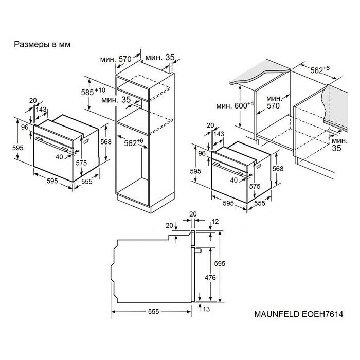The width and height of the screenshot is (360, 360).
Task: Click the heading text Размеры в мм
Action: tap(42, 44)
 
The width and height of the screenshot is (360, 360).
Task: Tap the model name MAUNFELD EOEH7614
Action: tap(299, 314)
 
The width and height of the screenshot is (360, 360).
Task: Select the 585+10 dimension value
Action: tap(93, 92)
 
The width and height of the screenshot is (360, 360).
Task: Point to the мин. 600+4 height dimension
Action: tap(235, 105)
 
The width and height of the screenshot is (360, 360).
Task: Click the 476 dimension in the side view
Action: tap(210, 278)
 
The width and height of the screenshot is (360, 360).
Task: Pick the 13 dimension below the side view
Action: tap(206, 309)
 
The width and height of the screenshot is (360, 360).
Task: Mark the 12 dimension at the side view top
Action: tap(215, 222)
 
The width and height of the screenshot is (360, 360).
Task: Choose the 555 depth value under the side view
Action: tap(153, 311)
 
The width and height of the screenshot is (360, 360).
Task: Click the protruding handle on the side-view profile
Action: tap(197, 250)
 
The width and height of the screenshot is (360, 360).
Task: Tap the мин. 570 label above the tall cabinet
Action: tap(116, 59)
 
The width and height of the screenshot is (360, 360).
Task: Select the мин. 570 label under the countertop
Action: tap(274, 102)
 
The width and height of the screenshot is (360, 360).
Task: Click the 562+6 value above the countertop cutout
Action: tap(320, 70)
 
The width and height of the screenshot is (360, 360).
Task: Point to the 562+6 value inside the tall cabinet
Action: tap(134, 142)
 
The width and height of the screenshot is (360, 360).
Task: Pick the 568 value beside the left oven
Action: tap(105, 142)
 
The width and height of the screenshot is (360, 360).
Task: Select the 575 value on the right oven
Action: tap(255, 186)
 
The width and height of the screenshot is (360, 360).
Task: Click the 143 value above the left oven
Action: tap(41, 109)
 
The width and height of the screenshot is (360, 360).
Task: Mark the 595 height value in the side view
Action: tap(220, 263)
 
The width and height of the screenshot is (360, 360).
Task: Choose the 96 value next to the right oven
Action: tap(202, 153)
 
